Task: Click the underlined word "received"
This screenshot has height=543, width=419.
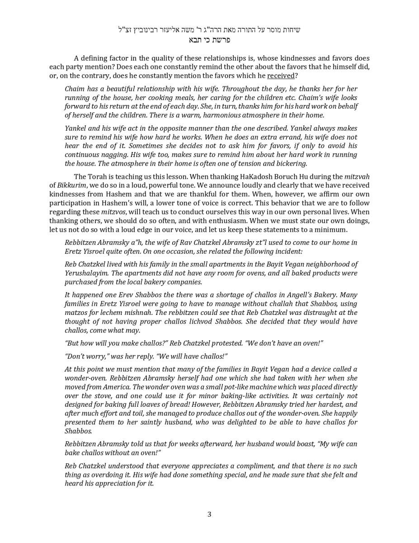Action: pos(281,76)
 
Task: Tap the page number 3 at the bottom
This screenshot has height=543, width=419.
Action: pos(209,514)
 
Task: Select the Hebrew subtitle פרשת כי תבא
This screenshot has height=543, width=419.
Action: pos(209,40)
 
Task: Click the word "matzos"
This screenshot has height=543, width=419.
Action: pos(76,313)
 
